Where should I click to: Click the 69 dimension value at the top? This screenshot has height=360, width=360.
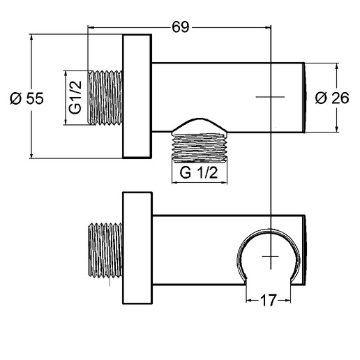[x=181, y=27]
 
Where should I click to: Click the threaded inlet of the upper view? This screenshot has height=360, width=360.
[x=105, y=97]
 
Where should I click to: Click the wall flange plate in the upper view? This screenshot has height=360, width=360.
[x=136, y=97]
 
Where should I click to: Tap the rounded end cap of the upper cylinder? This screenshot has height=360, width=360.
[x=304, y=97]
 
